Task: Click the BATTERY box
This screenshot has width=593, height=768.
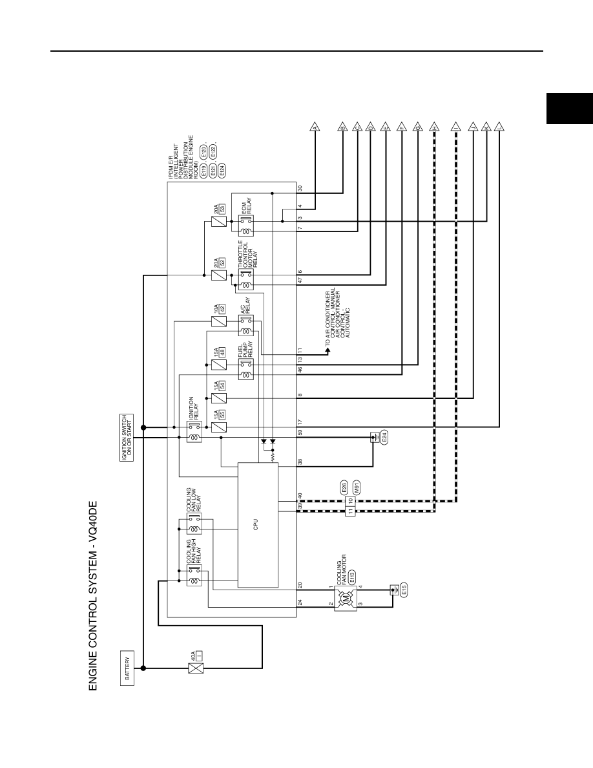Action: click(x=127, y=668)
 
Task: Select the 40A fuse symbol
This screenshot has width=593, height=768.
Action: click(x=196, y=668)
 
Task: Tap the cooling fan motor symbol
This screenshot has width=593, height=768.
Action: click(x=347, y=597)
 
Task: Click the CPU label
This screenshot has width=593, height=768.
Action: click(x=256, y=524)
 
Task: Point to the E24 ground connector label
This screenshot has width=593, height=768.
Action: click(x=384, y=438)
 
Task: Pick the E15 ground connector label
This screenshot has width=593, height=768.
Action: click(x=404, y=590)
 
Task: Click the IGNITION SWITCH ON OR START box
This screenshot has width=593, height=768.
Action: click(x=127, y=438)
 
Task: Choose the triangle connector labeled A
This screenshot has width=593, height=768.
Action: click(x=315, y=127)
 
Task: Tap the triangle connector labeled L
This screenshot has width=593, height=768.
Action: click(x=499, y=127)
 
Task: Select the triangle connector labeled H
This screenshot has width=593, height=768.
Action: click(x=434, y=127)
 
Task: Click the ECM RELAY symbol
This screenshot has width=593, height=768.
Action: click(x=246, y=226)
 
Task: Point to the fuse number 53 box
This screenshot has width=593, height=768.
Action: click(x=223, y=209)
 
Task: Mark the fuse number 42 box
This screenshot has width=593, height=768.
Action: click(x=223, y=309)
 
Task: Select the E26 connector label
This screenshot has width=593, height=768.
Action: click(x=344, y=488)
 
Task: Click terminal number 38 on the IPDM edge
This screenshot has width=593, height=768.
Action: click(x=300, y=462)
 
